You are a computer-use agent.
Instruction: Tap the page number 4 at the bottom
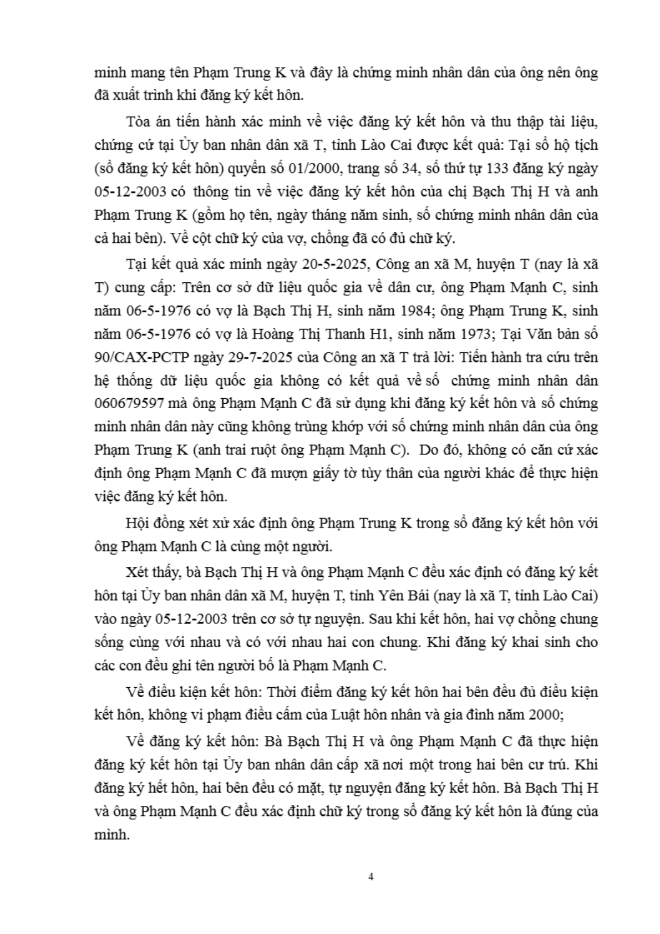click(x=371, y=877)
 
